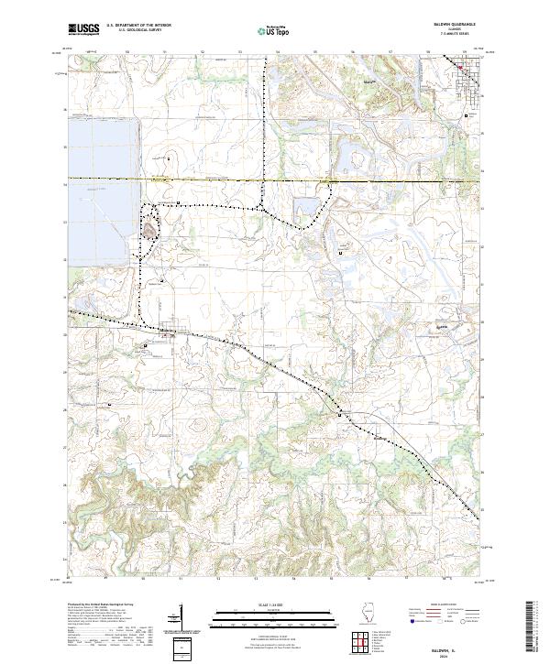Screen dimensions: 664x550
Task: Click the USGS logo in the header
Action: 83,29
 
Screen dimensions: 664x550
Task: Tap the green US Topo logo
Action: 267,29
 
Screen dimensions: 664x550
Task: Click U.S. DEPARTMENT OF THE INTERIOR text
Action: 137,26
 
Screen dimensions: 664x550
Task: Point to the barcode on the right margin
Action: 533,630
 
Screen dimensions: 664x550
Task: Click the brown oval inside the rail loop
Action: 148,231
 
